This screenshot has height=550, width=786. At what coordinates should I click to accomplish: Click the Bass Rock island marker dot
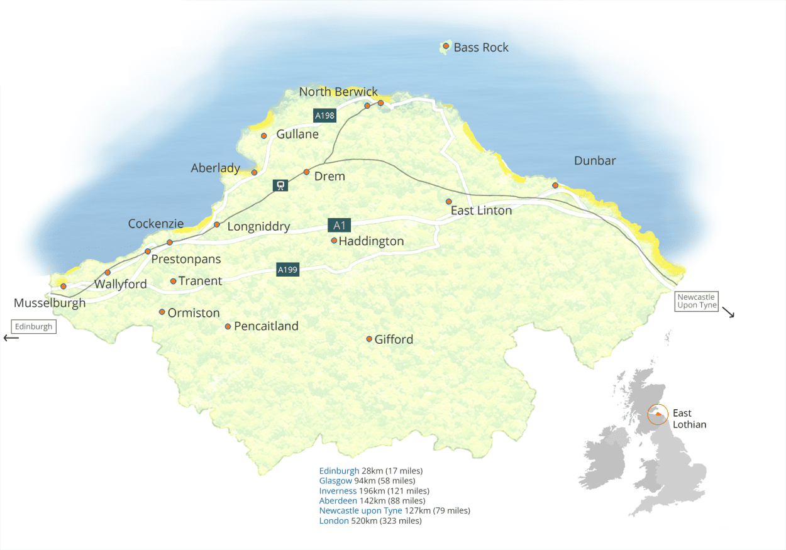[446, 46]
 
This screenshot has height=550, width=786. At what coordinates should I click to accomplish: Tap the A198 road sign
[324, 116]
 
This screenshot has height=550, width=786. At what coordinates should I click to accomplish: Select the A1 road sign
[340, 226]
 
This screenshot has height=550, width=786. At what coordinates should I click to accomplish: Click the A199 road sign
[287, 270]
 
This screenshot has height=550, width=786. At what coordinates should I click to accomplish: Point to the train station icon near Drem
[280, 185]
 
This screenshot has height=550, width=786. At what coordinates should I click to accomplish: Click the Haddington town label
[371, 241]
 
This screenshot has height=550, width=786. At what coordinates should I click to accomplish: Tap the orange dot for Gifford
[369, 339]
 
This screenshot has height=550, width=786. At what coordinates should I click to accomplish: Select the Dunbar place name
[595, 161]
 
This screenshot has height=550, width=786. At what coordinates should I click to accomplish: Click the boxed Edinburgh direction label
[33, 327]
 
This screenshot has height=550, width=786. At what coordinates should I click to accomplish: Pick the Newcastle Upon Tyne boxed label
[697, 301]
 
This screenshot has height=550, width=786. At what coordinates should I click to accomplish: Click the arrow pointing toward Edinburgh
[11, 338]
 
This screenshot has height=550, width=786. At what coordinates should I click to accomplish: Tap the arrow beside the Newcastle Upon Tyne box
[728, 312]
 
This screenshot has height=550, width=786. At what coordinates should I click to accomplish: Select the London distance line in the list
[370, 521]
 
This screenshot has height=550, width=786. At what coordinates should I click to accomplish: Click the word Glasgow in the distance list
[335, 481]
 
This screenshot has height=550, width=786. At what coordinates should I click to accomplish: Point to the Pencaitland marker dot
[228, 326]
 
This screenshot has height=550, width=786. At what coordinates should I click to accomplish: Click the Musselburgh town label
[50, 304]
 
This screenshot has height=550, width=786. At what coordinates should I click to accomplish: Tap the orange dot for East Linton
[448, 202]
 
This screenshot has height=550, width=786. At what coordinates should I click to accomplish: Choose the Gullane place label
[297, 135]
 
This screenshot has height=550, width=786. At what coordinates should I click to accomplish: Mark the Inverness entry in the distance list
[338, 491]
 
